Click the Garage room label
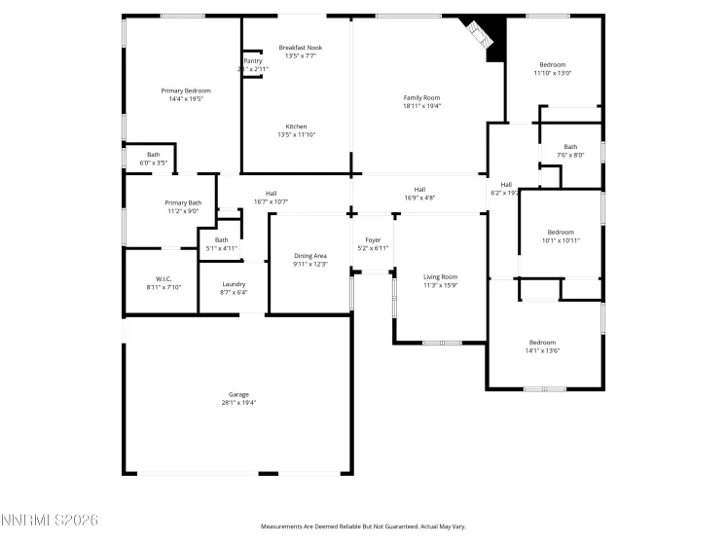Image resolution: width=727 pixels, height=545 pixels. click(238, 394)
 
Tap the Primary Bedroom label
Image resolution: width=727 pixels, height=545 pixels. click(186, 91)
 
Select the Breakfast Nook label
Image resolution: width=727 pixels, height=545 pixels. click(301, 48)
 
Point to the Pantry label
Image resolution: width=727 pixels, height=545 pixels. click(252, 61)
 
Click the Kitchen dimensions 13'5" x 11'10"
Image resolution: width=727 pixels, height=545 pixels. click(297, 134)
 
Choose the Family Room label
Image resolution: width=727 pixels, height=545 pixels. click(422, 97)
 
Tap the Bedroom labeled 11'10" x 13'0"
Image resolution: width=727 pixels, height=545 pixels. click(552, 65)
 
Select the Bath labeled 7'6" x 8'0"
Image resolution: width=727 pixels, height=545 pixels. click(570, 147)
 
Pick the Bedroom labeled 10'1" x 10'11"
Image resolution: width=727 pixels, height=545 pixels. click(561, 232)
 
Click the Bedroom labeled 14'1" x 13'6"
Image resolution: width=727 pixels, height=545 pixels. click(542, 343)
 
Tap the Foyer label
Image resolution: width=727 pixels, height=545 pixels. click(373, 239)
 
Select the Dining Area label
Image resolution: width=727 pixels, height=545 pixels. click(310, 255)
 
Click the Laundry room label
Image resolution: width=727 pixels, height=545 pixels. click(234, 284)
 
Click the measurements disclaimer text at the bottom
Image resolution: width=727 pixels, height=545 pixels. click(363, 527)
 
